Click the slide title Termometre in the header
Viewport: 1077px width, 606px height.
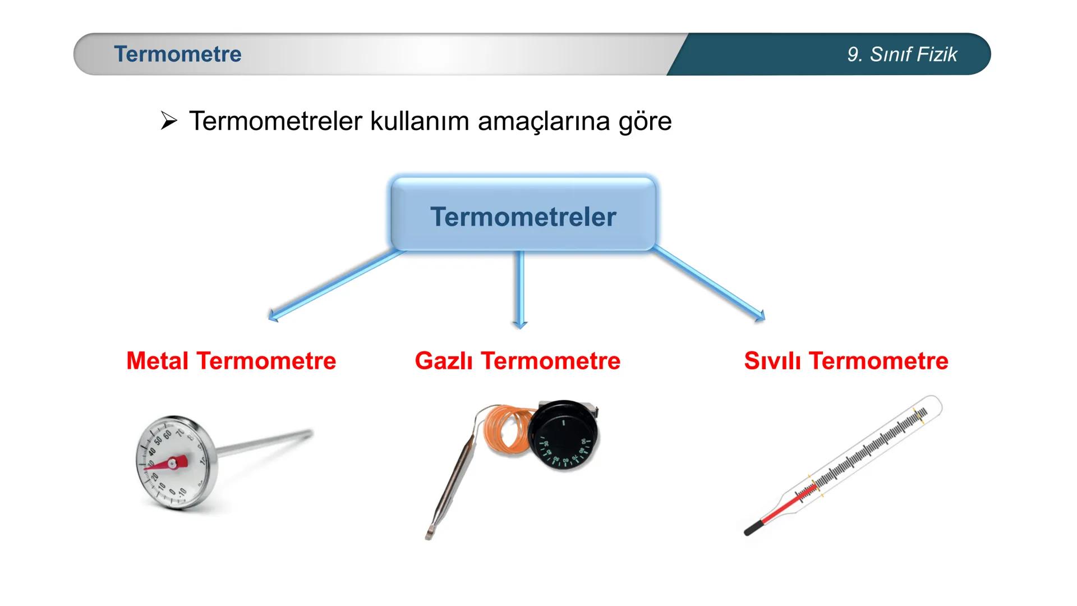coord(177,54)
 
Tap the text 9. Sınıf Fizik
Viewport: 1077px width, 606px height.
coord(902,54)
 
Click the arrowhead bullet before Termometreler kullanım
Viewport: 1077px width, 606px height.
coord(168,121)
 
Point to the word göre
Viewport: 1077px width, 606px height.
coord(645,122)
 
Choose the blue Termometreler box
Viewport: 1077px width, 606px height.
coord(523,215)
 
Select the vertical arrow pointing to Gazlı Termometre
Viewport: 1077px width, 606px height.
coord(520,289)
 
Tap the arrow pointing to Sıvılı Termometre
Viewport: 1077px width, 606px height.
coord(710,283)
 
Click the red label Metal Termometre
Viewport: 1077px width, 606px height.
coord(231,361)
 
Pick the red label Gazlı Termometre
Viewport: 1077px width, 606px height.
coord(517,361)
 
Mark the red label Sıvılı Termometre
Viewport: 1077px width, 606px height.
coord(846,361)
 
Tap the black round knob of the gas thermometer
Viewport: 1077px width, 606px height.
coord(563,435)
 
